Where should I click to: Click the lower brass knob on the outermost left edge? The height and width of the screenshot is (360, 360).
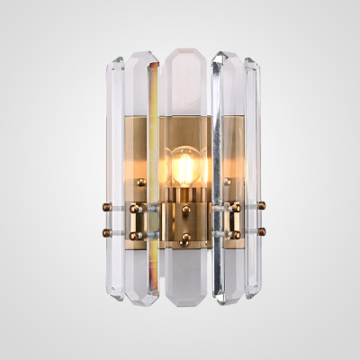102,231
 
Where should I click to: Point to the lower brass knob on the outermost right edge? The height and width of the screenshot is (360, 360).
261,231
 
